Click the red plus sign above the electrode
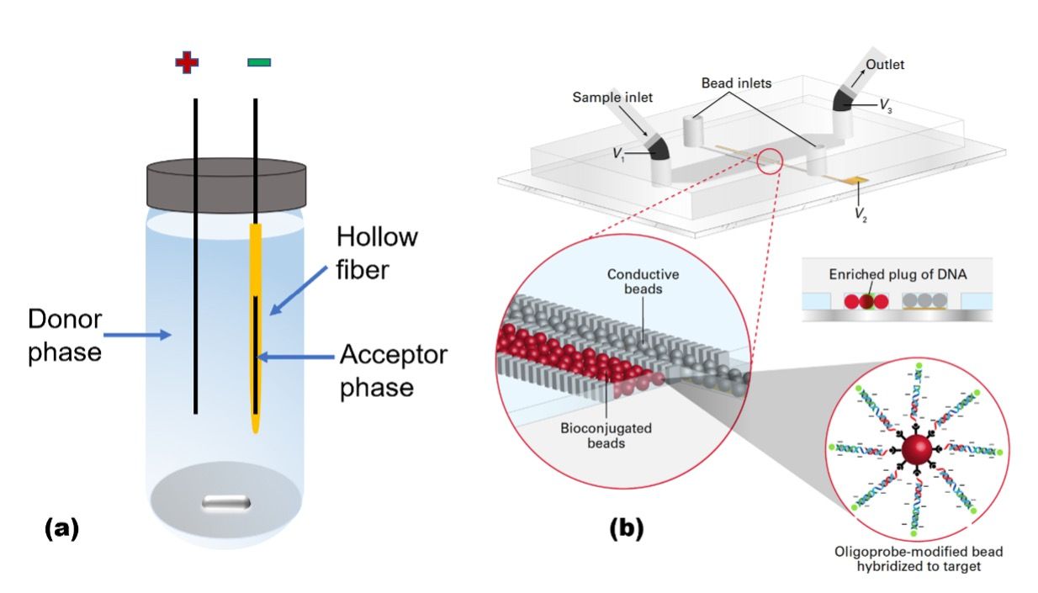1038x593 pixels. coord(187,63)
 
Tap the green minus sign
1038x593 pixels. coord(258,62)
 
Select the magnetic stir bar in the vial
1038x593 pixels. coord(225,503)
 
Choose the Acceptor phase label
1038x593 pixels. coord(393,370)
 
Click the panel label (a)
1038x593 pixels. coord(61,528)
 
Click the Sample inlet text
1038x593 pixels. coord(613,98)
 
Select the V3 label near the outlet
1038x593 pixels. coord(886,104)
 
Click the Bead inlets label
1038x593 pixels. coord(738,84)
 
